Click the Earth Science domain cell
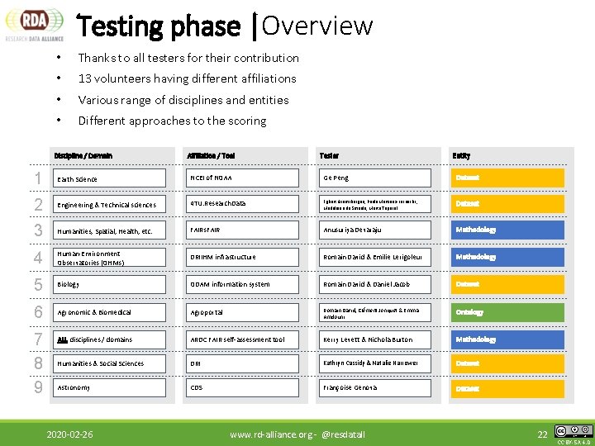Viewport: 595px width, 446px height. [117, 178]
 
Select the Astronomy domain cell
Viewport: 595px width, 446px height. [117, 387]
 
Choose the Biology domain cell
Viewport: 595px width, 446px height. [117, 284]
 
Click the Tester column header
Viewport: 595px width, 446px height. [329, 155]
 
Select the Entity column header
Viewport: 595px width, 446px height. [461, 155]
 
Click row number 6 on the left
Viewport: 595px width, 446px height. [38, 312]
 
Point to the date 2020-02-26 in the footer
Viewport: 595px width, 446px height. [69, 434]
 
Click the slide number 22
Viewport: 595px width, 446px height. [542, 434]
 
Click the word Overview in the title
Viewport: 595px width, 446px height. [317, 26]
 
